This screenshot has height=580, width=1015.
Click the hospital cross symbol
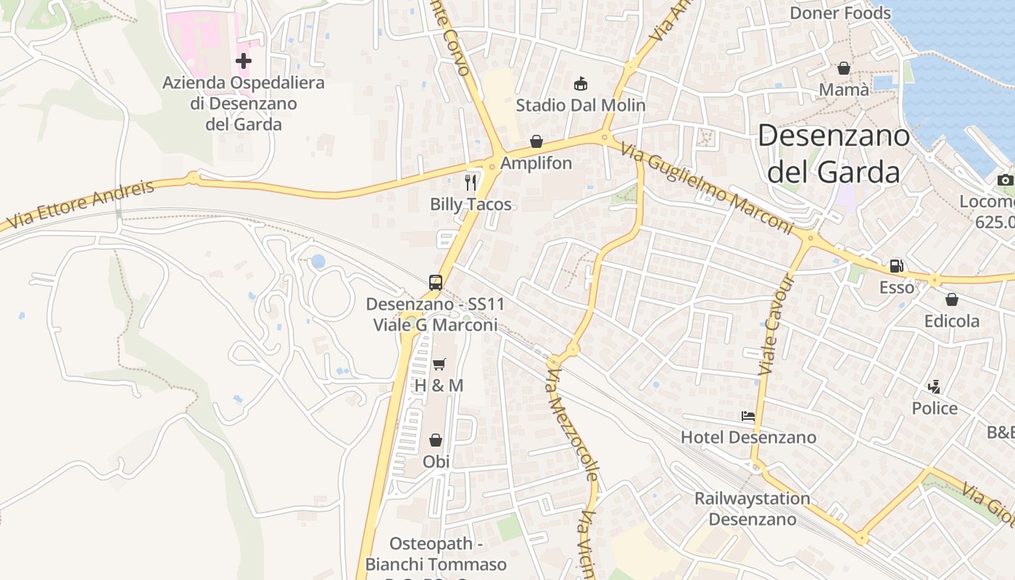pyautogui.click(x=244, y=61)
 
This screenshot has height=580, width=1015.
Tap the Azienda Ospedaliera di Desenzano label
pyautogui.click(x=244, y=104)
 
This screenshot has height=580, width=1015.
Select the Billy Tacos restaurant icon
pyautogui.click(x=471, y=182)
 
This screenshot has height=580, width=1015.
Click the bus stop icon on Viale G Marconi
pyautogui.click(x=435, y=283)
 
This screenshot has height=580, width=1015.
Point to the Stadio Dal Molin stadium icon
pyautogui.click(x=581, y=84)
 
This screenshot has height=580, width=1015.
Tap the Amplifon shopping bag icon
pyautogui.click(x=536, y=141)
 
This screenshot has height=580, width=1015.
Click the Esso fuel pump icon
pyautogui.click(x=897, y=266)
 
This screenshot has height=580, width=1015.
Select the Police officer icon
pyautogui.click(x=935, y=387)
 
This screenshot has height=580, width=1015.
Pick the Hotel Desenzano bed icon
pyautogui.click(x=748, y=416)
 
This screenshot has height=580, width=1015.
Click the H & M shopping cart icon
pyautogui.click(x=439, y=364)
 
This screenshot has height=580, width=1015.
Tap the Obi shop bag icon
pyautogui.click(x=436, y=440)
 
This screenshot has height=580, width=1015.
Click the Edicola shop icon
pyautogui.click(x=952, y=299)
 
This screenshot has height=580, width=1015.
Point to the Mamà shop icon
pyautogui.click(x=844, y=68)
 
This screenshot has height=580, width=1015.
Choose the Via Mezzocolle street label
pyautogui.click(x=573, y=424)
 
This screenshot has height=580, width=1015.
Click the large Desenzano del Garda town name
pyautogui.click(x=834, y=154)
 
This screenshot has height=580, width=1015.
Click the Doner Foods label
pyautogui.click(x=840, y=13)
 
